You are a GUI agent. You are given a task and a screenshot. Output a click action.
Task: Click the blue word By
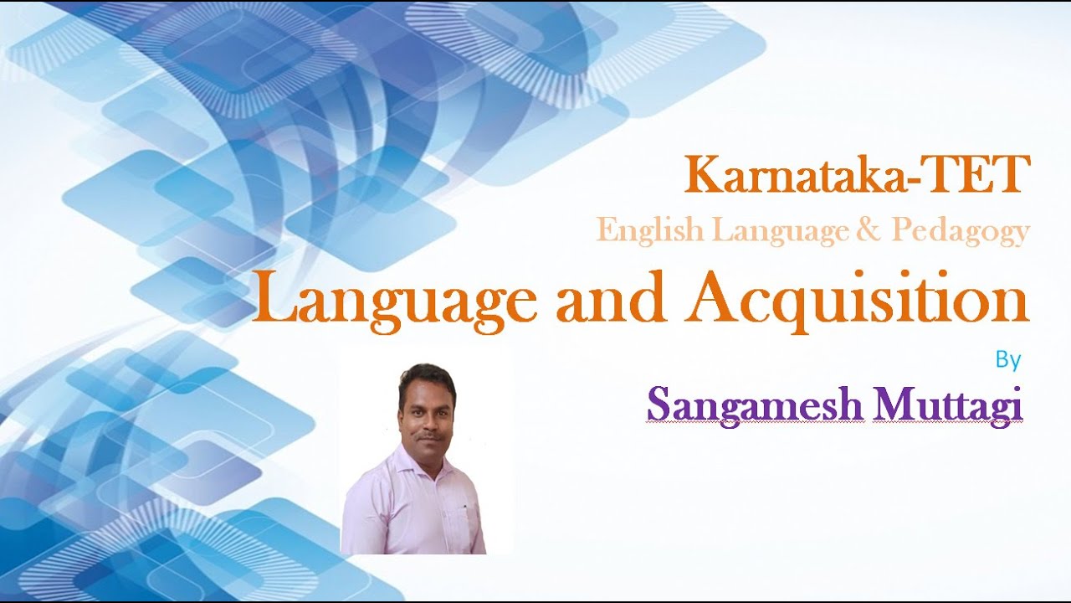click(1008, 361)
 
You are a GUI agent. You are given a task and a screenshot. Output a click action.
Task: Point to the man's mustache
click(428, 435)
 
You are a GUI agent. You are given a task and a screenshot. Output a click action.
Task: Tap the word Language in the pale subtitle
click(766, 232)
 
